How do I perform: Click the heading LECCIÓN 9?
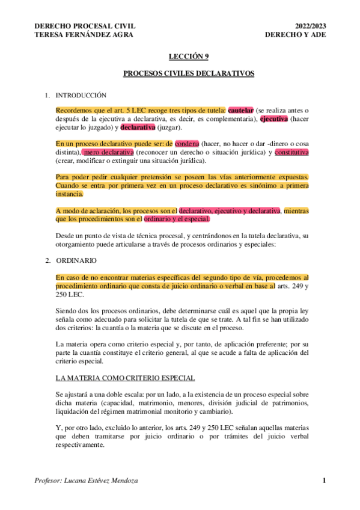pos(189,56)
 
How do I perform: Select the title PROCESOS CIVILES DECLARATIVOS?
pos(189,74)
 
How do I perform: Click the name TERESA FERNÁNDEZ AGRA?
pos(85,34)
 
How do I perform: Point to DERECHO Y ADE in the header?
pos(294,34)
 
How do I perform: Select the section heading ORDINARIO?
pos(75,262)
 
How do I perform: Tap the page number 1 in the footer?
pos(324,480)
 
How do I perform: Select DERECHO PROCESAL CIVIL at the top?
pos(85,26)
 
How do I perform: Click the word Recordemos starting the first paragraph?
pos(74,111)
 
